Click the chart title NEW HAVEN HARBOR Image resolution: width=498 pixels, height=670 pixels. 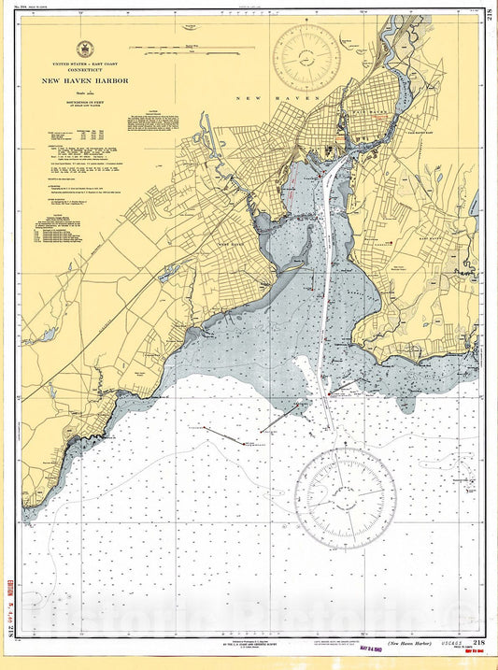[x=90, y=80]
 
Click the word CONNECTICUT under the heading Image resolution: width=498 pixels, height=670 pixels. [x=90, y=68]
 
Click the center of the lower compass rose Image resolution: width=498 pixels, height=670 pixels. [x=346, y=493]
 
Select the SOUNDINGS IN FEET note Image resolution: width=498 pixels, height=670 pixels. [x=90, y=104]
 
